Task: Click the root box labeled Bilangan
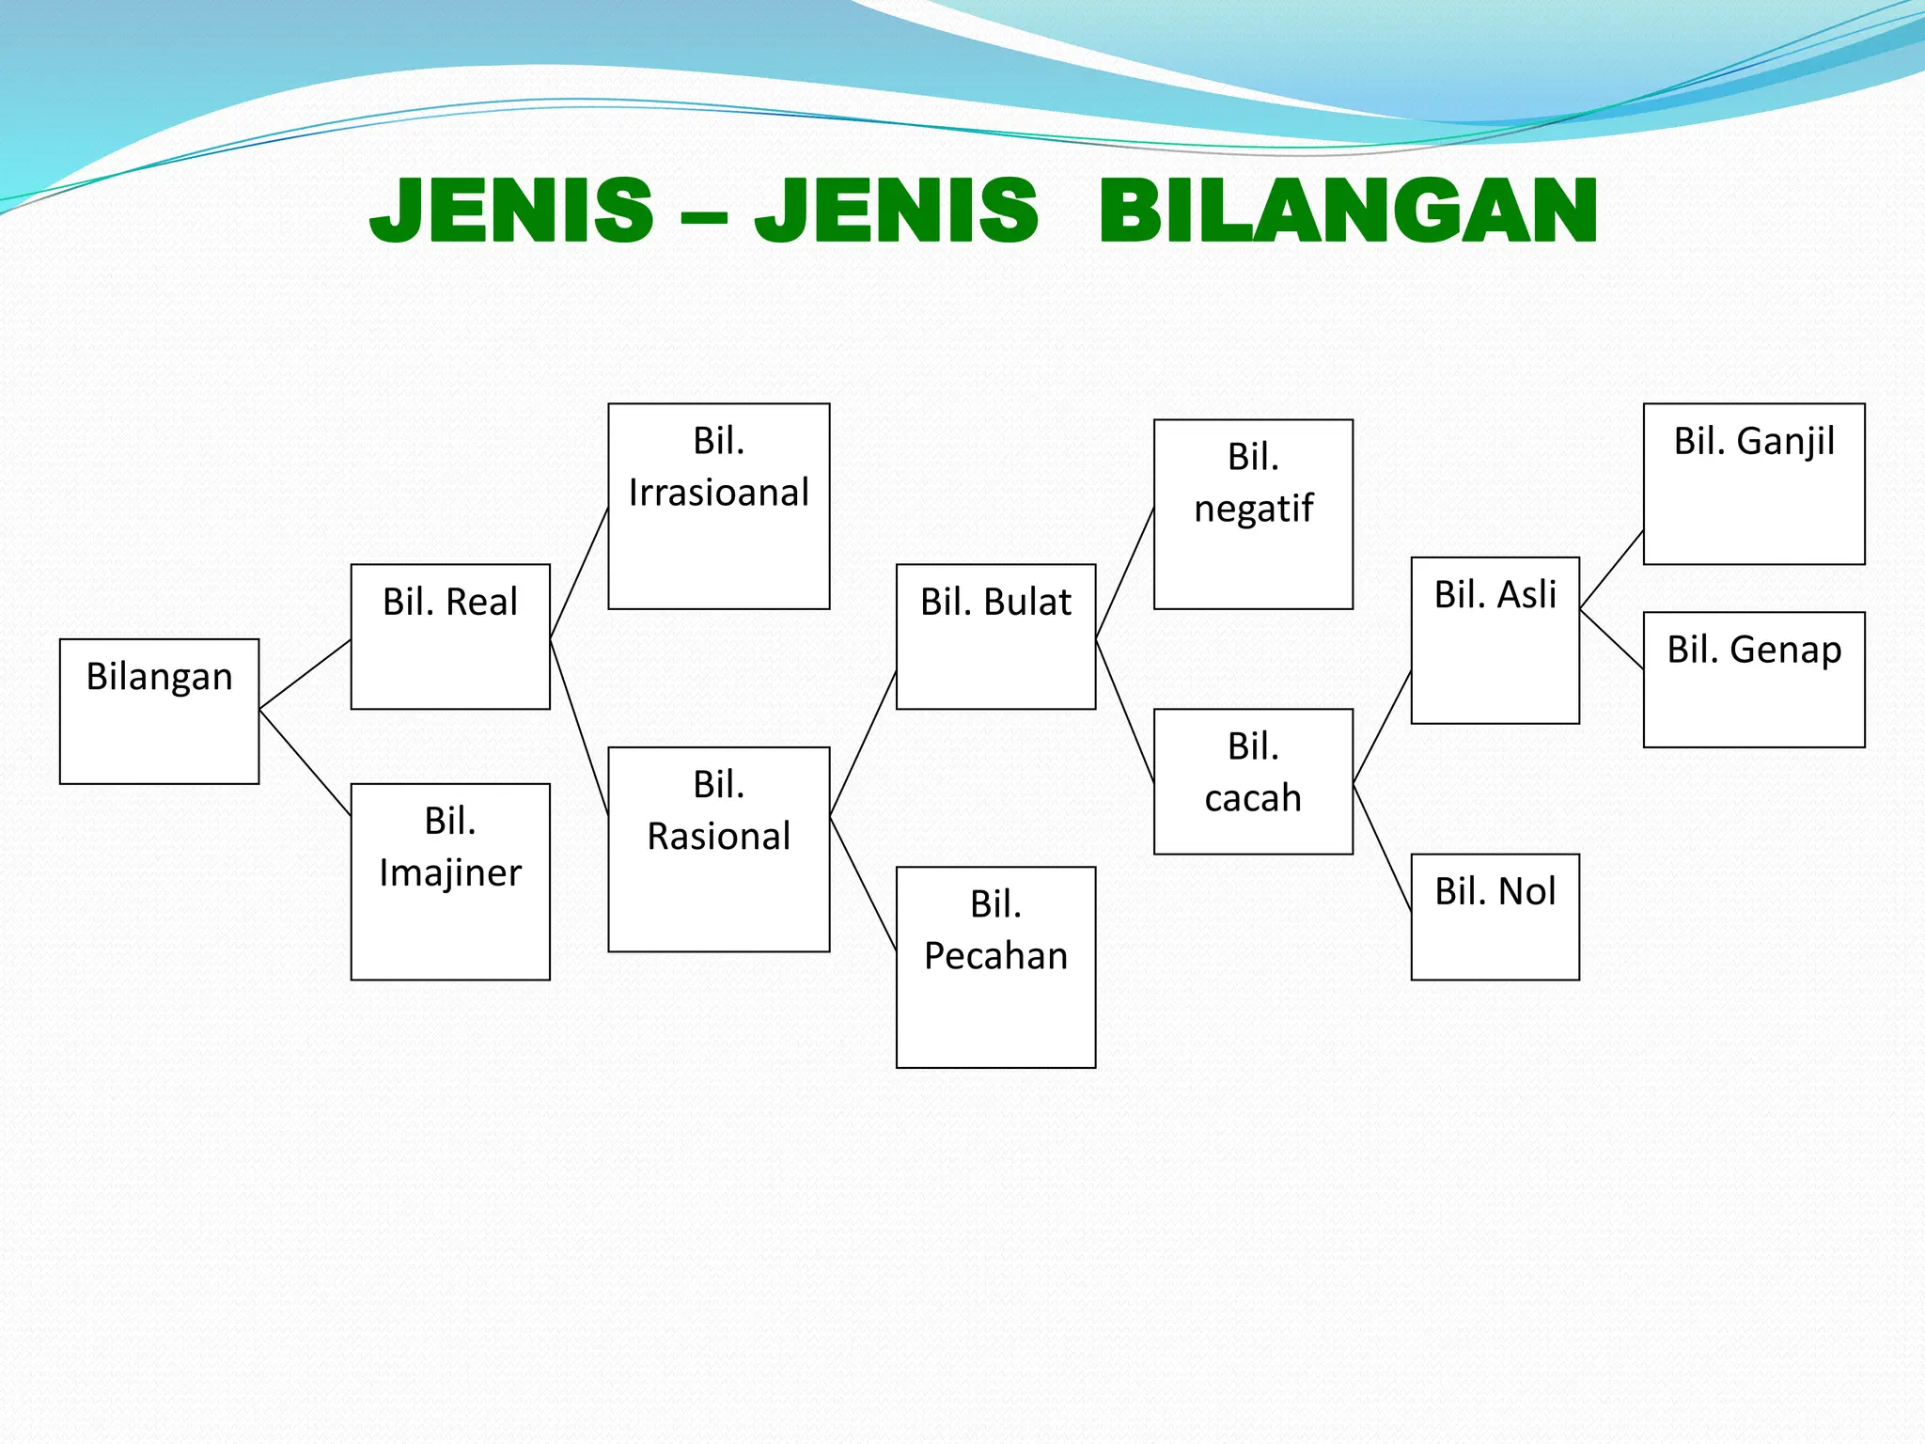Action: click(x=159, y=711)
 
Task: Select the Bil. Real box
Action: click(x=450, y=636)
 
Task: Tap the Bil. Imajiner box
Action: click(x=450, y=881)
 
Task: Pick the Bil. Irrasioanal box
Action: click(x=719, y=506)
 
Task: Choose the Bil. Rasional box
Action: click(x=719, y=849)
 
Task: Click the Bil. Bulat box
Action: click(x=995, y=636)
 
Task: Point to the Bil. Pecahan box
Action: click(x=995, y=966)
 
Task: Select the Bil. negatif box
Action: click(x=1253, y=514)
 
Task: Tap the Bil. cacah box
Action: click(x=1253, y=781)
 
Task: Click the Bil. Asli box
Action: click(x=1495, y=640)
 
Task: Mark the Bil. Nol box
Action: click(x=1495, y=917)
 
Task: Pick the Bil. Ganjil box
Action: click(x=1754, y=483)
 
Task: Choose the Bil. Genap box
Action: click(x=1754, y=680)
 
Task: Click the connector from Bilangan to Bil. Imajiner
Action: click(x=305, y=761)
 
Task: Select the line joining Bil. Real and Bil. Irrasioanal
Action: click(x=579, y=573)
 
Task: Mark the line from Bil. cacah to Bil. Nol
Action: click(x=1382, y=847)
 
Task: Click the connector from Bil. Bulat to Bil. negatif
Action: click(x=1124, y=573)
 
